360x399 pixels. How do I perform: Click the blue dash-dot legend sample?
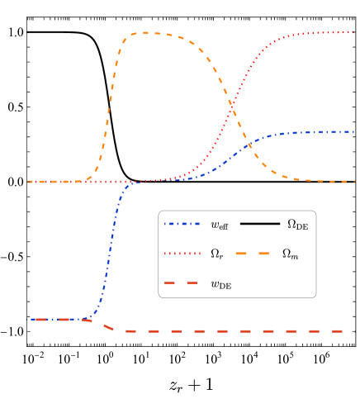182,224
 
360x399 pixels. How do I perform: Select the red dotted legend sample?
182,254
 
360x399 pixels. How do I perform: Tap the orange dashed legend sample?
252,254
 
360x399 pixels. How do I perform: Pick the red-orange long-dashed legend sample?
181,283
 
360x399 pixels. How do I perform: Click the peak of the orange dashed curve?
146,33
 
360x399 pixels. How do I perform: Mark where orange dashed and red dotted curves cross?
233,106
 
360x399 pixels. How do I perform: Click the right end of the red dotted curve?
354,32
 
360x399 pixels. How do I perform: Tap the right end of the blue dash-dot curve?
354,132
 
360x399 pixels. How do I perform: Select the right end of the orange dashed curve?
354,182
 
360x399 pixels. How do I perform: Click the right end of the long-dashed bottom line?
354,331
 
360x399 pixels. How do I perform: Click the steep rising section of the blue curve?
110,248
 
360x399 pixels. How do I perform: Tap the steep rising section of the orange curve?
110,99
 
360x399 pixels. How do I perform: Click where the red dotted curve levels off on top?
297,35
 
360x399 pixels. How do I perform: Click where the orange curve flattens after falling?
297,178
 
